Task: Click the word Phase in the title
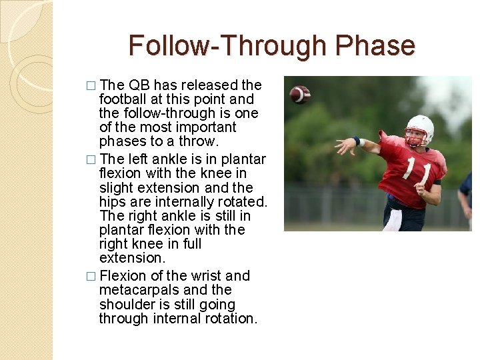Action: coord(375,46)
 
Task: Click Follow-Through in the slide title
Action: coord(229,46)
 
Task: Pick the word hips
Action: coord(113,202)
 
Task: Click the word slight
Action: coord(116,188)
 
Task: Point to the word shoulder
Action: coord(125,305)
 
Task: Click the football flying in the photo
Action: coord(300,94)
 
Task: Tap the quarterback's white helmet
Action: coord(419,127)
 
